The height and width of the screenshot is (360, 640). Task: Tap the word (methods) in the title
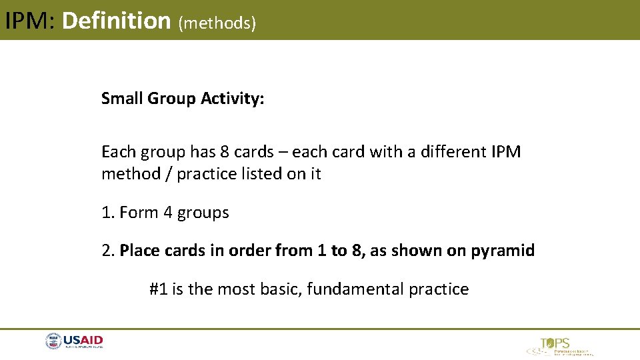point(217,23)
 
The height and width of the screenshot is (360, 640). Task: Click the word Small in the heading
point(122,99)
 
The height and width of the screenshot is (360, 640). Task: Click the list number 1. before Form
point(108,213)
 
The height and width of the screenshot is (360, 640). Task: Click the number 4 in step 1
point(169,213)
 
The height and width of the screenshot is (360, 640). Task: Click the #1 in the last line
point(158,289)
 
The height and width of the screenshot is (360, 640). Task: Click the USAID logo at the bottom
point(75,342)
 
